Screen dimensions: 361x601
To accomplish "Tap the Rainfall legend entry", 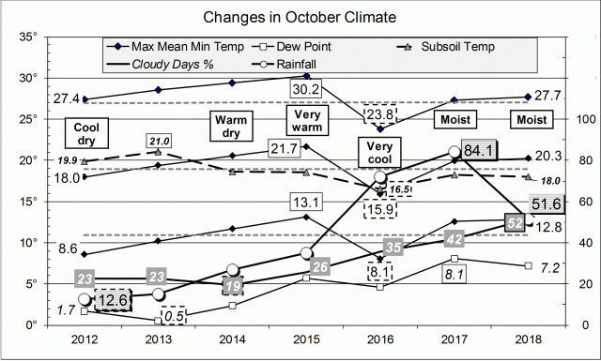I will pyautogui.click(x=304, y=63).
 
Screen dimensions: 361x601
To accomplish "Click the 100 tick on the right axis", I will pyautogui.click(x=580, y=120).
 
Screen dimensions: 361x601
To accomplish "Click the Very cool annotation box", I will pyautogui.click(x=380, y=154).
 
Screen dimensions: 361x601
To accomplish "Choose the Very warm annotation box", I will pyautogui.click(x=305, y=121).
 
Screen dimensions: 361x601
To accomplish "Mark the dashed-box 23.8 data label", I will pyautogui.click(x=380, y=114).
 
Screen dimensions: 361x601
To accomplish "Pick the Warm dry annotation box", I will pyautogui.click(x=231, y=126).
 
